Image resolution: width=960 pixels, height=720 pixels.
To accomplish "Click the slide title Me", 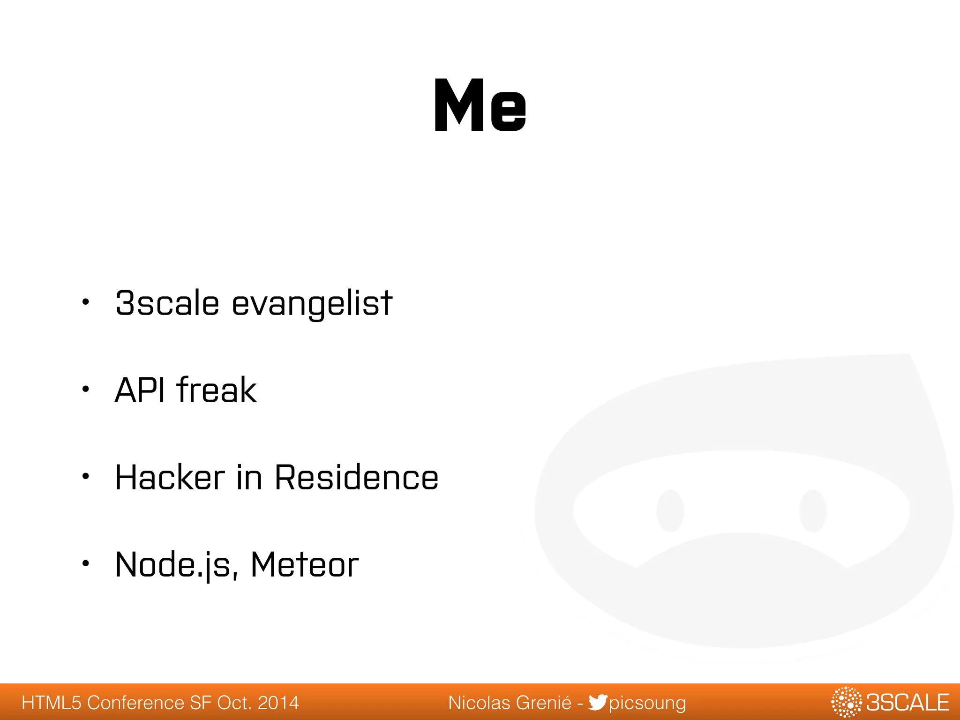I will tap(480, 105).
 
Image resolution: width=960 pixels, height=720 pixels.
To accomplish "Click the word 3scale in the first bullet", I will tap(167, 303).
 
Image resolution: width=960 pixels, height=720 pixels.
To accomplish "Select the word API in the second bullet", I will tap(140, 390).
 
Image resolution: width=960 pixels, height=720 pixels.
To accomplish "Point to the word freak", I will tap(217, 390).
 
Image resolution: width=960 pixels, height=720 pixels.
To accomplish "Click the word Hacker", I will tap(170, 477).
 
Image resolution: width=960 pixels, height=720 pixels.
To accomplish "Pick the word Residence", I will tap(356, 477).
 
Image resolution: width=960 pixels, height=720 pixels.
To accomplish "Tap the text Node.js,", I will tap(176, 565).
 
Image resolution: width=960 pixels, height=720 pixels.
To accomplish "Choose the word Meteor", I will tap(305, 564).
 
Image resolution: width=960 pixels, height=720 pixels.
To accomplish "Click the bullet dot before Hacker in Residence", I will tap(85, 476).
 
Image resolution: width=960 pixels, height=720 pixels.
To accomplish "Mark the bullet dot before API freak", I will tap(85, 389).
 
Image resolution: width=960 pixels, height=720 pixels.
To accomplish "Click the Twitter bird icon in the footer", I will tap(598, 702).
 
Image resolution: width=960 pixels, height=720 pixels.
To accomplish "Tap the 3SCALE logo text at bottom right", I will tap(907, 703).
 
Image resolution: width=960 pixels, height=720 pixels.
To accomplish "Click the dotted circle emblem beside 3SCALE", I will tap(846, 702).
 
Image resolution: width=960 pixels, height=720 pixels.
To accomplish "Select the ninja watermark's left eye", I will tap(670, 511).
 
